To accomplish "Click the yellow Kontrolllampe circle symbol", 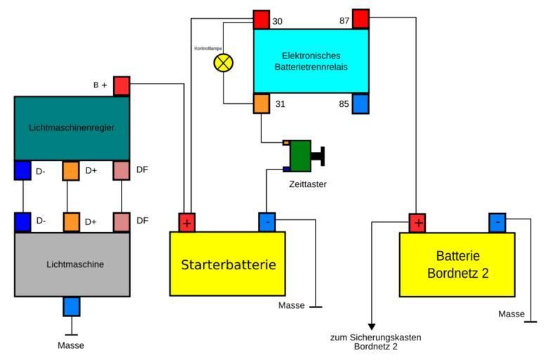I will [223, 63].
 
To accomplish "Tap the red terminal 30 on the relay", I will [261, 19].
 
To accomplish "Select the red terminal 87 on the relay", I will [360, 18].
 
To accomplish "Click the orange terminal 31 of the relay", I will [261, 104].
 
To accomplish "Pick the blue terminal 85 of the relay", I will [360, 104].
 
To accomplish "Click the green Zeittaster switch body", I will [300, 155].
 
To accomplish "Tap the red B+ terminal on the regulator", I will [122, 86].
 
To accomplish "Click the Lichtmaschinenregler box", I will [72, 128].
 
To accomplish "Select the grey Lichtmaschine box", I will [72, 264].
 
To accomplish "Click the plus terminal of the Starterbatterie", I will [186, 222].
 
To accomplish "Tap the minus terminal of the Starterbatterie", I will [267, 222].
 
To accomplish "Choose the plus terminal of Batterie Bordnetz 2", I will [418, 223].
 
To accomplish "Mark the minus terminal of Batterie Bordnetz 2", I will [498, 223].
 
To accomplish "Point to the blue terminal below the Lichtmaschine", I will [72, 307].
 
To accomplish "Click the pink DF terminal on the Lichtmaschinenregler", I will [122, 170].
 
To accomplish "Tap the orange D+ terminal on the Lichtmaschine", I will [72, 221].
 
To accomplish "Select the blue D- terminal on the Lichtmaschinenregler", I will [22, 170].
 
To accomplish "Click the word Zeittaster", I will [308, 184].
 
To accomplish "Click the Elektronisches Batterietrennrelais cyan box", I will [311, 60].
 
